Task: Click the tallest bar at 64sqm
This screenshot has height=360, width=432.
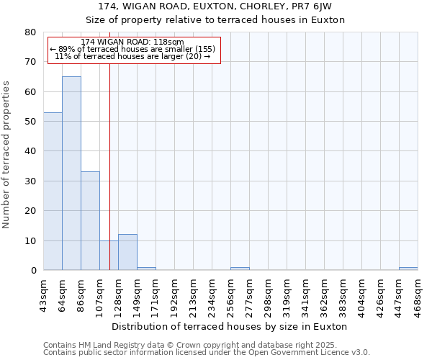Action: (71, 173)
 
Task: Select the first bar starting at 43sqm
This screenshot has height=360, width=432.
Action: (53, 191)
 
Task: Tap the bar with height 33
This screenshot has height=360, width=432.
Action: (90, 220)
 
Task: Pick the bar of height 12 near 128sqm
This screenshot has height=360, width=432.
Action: (127, 252)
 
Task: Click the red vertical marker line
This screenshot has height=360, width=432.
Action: (109, 166)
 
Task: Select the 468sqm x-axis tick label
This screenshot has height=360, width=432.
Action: (418, 294)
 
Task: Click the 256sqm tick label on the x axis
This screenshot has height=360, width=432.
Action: (231, 294)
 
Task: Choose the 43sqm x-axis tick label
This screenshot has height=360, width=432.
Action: (44, 294)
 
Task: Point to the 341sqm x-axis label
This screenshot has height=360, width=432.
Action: (306, 294)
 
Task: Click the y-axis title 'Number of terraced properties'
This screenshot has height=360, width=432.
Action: (6, 154)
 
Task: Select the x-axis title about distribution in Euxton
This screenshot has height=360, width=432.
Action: (230, 326)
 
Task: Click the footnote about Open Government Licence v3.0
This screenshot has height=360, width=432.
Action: (207, 353)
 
